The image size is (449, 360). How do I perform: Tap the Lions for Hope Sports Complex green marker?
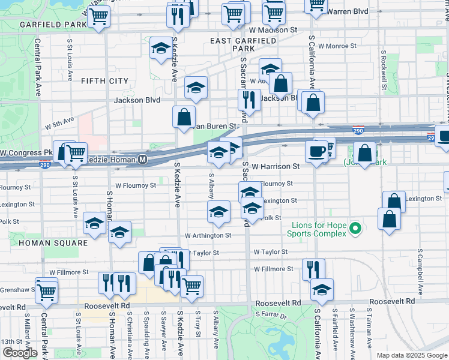(355, 228)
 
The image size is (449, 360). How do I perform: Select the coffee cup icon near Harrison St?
(316, 151)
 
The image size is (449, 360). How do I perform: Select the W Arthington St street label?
(208, 236)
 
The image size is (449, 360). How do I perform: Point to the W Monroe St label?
(337, 46)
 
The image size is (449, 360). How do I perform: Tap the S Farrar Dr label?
(271, 314)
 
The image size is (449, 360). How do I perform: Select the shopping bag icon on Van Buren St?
(184, 117)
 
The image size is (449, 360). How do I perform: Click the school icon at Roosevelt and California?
(322, 289)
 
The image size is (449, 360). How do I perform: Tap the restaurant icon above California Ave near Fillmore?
(313, 269)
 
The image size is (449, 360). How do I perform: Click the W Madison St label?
(274, 29)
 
